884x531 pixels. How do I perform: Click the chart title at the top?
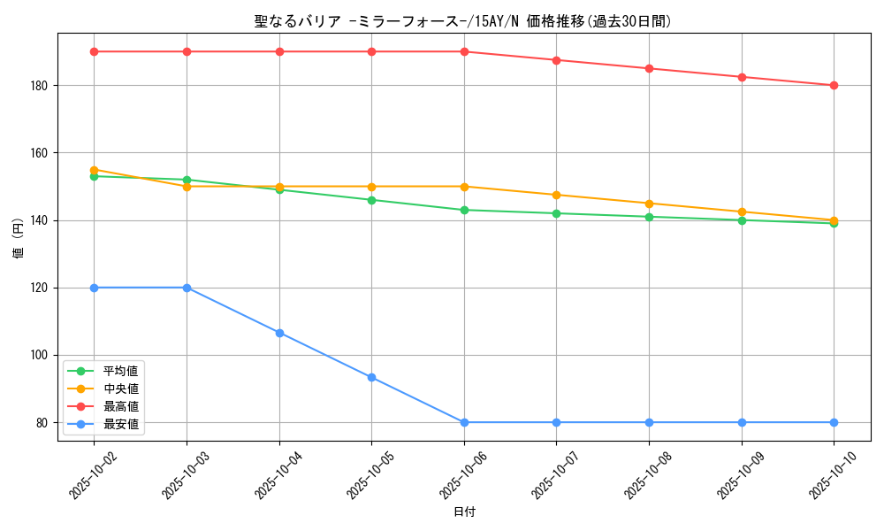tap(463, 21)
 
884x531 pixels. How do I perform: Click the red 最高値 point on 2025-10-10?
tap(834, 86)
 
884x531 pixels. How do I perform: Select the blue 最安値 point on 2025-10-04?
tap(279, 333)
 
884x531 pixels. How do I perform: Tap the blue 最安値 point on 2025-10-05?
tap(371, 377)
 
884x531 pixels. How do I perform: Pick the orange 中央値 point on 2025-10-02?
tap(95, 170)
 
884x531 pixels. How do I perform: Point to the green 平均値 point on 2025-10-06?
tap(464, 210)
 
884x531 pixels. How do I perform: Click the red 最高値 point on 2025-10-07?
tap(556, 60)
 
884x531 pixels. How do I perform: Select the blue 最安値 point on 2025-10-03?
tap(187, 288)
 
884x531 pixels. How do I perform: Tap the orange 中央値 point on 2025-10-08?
tap(649, 204)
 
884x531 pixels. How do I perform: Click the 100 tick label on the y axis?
tap(41, 355)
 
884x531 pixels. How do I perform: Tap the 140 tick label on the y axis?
tap(41, 220)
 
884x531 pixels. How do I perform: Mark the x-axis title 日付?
tap(463, 512)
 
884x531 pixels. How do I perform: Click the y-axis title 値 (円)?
tap(19, 239)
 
